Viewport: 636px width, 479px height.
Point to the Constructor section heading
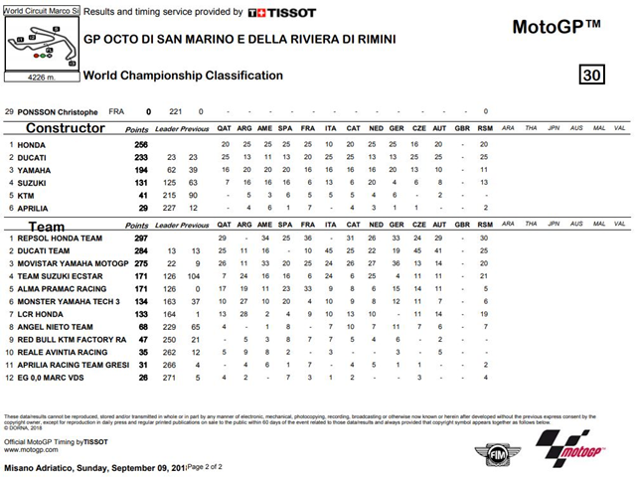(66, 128)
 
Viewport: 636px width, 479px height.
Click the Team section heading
(45, 228)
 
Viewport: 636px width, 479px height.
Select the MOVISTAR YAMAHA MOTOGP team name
(68, 262)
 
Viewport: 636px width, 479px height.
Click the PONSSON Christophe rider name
(60, 112)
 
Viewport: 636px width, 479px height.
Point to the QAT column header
(225, 129)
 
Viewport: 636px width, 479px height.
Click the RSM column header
(484, 129)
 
